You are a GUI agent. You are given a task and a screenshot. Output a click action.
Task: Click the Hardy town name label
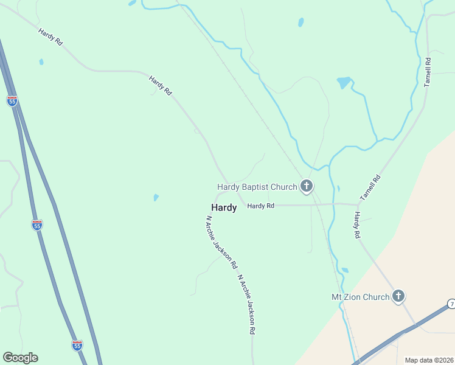tap(224, 207)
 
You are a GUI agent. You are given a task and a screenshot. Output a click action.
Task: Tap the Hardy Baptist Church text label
tap(257, 187)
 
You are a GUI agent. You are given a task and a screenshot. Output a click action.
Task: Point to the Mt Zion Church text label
tap(359, 297)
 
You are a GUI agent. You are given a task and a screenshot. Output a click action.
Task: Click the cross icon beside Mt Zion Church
tap(398, 296)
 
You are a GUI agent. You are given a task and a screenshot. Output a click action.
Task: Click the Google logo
tap(20, 358)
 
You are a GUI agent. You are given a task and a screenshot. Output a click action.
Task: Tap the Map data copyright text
tap(429, 360)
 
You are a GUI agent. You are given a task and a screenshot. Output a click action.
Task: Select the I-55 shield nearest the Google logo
tap(77, 345)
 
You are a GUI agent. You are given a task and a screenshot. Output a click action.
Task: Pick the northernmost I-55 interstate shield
tap(12, 101)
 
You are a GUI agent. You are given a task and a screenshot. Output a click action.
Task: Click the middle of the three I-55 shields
tap(37, 225)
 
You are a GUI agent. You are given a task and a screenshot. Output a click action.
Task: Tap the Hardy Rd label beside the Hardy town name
tap(260, 206)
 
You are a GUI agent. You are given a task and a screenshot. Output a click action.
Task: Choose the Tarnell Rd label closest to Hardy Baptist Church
tap(370, 188)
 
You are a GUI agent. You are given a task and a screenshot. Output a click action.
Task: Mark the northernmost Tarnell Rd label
tap(428, 72)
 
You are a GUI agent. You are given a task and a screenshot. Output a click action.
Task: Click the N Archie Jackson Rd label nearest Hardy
tap(221, 242)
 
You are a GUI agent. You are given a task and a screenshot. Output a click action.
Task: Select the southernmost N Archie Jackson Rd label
tap(246, 305)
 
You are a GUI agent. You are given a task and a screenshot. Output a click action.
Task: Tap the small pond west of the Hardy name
tap(156, 197)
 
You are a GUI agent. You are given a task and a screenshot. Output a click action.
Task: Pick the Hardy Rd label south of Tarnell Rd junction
tap(358, 225)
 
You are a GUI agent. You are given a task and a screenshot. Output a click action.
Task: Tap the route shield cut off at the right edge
tap(451, 303)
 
